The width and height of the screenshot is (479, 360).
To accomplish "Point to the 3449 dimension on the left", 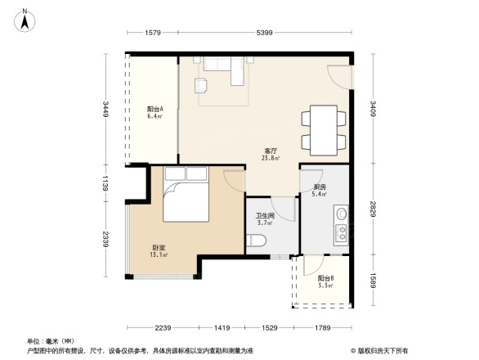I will click(105, 108).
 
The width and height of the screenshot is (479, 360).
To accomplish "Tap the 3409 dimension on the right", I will click(373, 108).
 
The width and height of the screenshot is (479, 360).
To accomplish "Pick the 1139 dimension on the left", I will click(105, 185).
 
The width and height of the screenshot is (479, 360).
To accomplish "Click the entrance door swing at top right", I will click(338, 77).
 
